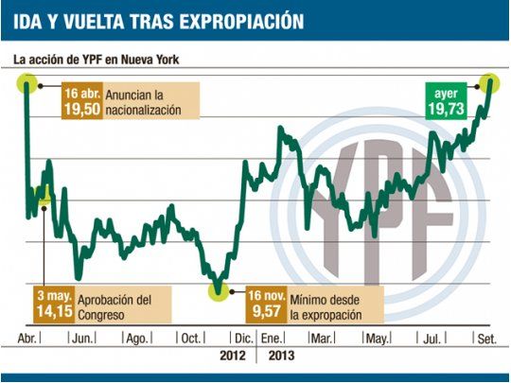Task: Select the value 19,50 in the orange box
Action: [81, 110]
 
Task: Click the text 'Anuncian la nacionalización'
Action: [145, 102]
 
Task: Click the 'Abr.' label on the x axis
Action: [27, 338]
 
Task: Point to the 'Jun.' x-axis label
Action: [82, 338]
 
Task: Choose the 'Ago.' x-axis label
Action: [136, 338]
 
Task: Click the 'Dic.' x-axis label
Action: [243, 338]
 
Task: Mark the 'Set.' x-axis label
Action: [486, 338]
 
